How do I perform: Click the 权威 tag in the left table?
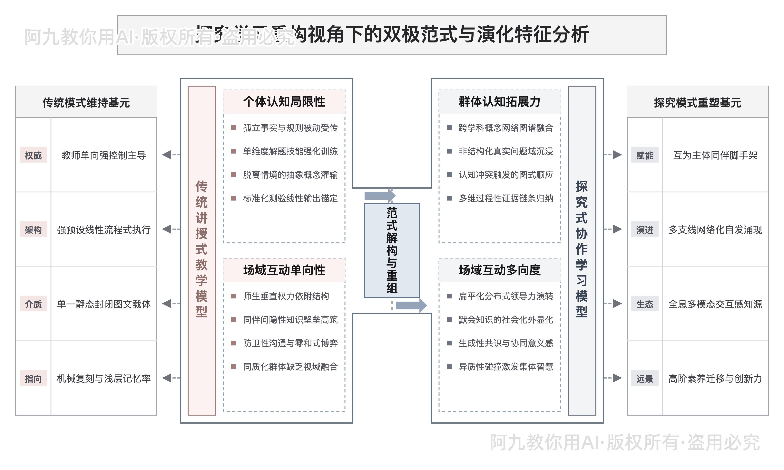[33, 155]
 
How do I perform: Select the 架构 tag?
[33, 230]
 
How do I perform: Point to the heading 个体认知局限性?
[284, 102]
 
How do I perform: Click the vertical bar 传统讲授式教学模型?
[201, 250]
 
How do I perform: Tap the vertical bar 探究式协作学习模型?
[582, 250]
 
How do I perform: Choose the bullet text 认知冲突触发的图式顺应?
[506, 175]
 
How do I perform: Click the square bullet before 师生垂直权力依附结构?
[234, 296]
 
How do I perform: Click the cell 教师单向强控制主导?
[104, 155]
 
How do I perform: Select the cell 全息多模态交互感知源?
[715, 304]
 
